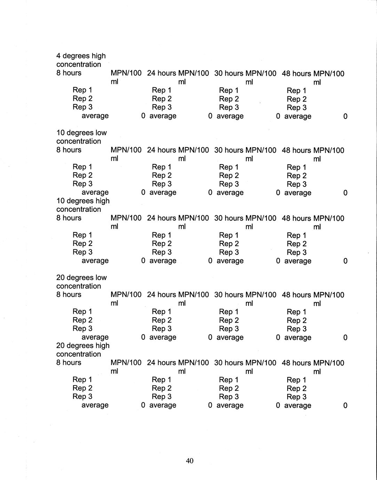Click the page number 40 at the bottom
190,461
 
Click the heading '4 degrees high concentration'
81,60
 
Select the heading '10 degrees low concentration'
81,137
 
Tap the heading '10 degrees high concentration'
83,205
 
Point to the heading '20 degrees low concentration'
81,282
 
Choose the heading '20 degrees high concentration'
83,350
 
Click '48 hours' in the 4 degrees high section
296,73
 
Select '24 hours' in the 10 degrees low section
161,150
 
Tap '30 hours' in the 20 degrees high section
229,363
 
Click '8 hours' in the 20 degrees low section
69,295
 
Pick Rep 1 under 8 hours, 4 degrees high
82,90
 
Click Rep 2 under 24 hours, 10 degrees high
162,243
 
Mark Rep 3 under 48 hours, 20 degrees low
297,329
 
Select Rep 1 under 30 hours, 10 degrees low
229,167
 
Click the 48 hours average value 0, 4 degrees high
345,116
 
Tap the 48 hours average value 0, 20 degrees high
345,405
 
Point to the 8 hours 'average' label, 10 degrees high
95,261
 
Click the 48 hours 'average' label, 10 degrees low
298,193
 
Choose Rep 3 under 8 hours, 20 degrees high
82,397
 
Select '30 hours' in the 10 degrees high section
229,218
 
